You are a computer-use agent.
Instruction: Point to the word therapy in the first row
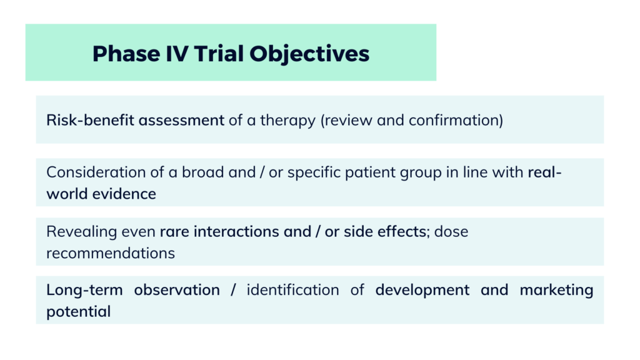(291, 120)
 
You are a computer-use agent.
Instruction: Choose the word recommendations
(111, 253)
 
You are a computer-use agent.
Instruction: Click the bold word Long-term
(84, 290)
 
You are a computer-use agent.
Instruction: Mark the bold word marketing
(556, 290)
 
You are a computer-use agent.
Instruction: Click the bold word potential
(78, 311)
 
